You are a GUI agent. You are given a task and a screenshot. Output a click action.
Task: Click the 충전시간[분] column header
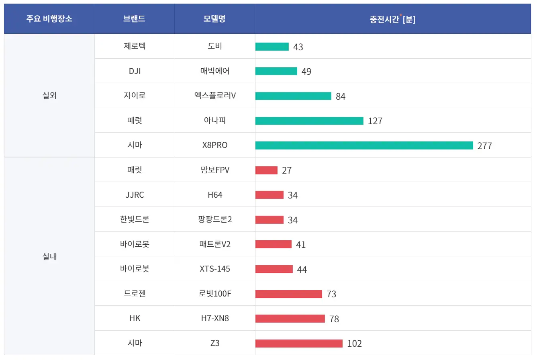pos(392,19)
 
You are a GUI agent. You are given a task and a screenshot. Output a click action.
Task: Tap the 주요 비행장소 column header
pos(49,19)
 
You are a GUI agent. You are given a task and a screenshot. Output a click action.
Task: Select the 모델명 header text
pos(214,19)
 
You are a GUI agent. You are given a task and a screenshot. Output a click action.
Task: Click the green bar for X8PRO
pos(364,145)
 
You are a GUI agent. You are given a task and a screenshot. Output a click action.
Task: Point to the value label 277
pos(484,146)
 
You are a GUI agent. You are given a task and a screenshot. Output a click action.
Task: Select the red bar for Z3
pos(299,344)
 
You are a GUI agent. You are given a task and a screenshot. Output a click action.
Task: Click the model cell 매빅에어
pos(215,71)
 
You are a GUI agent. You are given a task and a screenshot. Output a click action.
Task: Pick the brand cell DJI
pos(135,71)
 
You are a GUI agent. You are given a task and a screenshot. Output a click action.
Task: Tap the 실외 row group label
pos(49,96)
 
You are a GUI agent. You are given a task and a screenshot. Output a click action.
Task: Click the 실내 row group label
pos(49,256)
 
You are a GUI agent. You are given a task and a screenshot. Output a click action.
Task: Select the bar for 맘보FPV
pos(266,170)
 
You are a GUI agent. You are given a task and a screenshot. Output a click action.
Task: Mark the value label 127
pos(375,121)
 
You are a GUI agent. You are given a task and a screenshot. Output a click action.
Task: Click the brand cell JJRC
pos(135,195)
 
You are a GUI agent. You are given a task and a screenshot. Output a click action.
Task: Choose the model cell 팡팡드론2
pos(215,220)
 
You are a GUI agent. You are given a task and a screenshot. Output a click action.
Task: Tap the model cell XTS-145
pos(215,269)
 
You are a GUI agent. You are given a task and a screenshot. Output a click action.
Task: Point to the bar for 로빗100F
pos(288,294)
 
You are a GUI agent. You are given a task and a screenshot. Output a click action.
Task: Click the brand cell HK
pos(135,318)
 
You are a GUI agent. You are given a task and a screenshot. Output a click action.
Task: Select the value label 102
pos(354,344)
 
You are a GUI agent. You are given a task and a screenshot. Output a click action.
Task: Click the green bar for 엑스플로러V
pos(293,96)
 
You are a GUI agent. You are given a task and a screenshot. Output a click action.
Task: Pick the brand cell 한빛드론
pos(135,220)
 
